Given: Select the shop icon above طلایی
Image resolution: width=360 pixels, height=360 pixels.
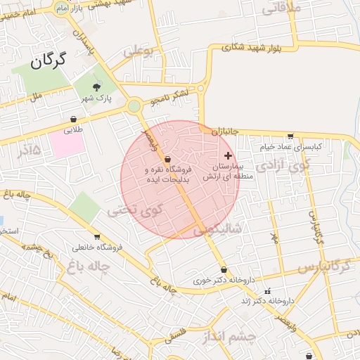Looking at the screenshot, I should click(75, 120).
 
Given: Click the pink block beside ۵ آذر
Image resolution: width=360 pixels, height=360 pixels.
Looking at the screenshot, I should click(66, 143).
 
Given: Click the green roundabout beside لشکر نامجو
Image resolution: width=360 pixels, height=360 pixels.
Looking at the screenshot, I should click(134, 106).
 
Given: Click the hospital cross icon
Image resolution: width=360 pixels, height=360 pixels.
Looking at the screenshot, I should click(227, 155).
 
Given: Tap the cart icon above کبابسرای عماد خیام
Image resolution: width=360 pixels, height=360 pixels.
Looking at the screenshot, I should click(290, 136).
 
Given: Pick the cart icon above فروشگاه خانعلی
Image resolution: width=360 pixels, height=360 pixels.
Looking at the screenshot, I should click(96, 237).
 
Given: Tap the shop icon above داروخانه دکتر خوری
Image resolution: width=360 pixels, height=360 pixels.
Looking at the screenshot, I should click(224, 269).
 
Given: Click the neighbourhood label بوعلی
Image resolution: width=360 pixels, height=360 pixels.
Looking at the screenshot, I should click(138, 51).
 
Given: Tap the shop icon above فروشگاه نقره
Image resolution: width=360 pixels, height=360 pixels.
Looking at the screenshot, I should click(167, 160).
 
